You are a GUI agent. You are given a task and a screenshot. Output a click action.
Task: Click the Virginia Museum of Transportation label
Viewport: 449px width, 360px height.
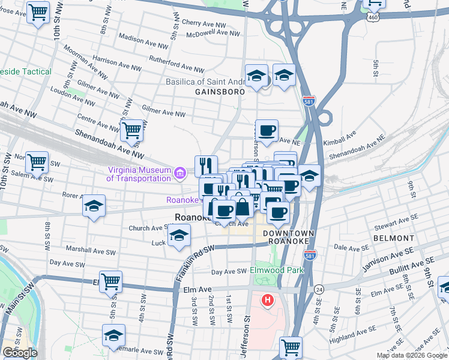pos(138,174)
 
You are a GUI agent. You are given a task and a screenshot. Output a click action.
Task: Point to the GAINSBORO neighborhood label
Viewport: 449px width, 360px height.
pos(220,92)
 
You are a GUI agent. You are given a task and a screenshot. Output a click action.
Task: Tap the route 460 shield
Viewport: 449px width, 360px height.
pos(373,17)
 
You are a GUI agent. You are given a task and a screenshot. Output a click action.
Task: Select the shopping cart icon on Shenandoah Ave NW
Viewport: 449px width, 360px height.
pos(131,130)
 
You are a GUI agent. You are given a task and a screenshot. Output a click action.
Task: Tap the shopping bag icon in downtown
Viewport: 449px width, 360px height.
pos(243,206)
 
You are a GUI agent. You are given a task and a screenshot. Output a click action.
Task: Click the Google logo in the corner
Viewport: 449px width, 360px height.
pos(19,353)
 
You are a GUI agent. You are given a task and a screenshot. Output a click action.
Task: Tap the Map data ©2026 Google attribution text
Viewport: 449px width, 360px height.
pos(412,355)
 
